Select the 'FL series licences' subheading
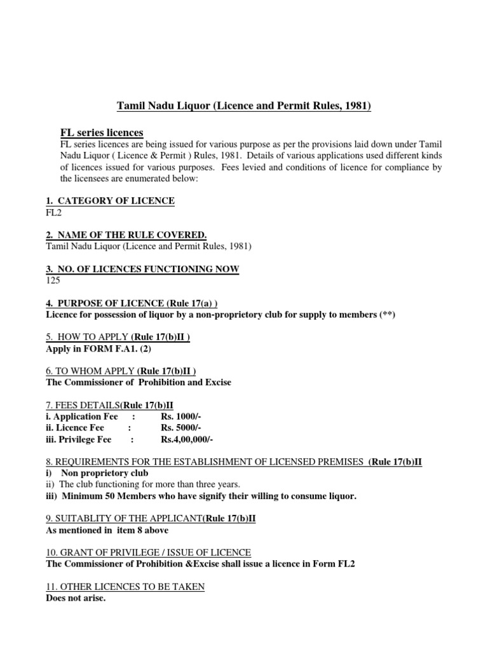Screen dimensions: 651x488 [x=102, y=132]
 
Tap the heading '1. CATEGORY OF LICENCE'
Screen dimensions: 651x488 [x=107, y=201]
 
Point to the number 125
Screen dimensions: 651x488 [x=54, y=280]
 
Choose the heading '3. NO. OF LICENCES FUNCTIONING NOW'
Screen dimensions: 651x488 [x=143, y=269]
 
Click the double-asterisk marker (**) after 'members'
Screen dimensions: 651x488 [x=387, y=315]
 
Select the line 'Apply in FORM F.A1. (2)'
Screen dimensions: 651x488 [x=99, y=349]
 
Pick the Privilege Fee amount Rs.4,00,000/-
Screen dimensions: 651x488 [x=187, y=439]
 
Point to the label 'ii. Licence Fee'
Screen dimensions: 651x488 [x=76, y=428]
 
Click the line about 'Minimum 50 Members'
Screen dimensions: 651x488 [x=201, y=496]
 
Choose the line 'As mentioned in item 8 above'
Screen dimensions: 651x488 [x=107, y=530]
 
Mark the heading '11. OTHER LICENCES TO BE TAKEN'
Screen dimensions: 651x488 [x=125, y=587]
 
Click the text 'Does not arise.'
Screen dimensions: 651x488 [x=76, y=598]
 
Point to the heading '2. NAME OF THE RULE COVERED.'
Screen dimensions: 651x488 [x=126, y=235]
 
